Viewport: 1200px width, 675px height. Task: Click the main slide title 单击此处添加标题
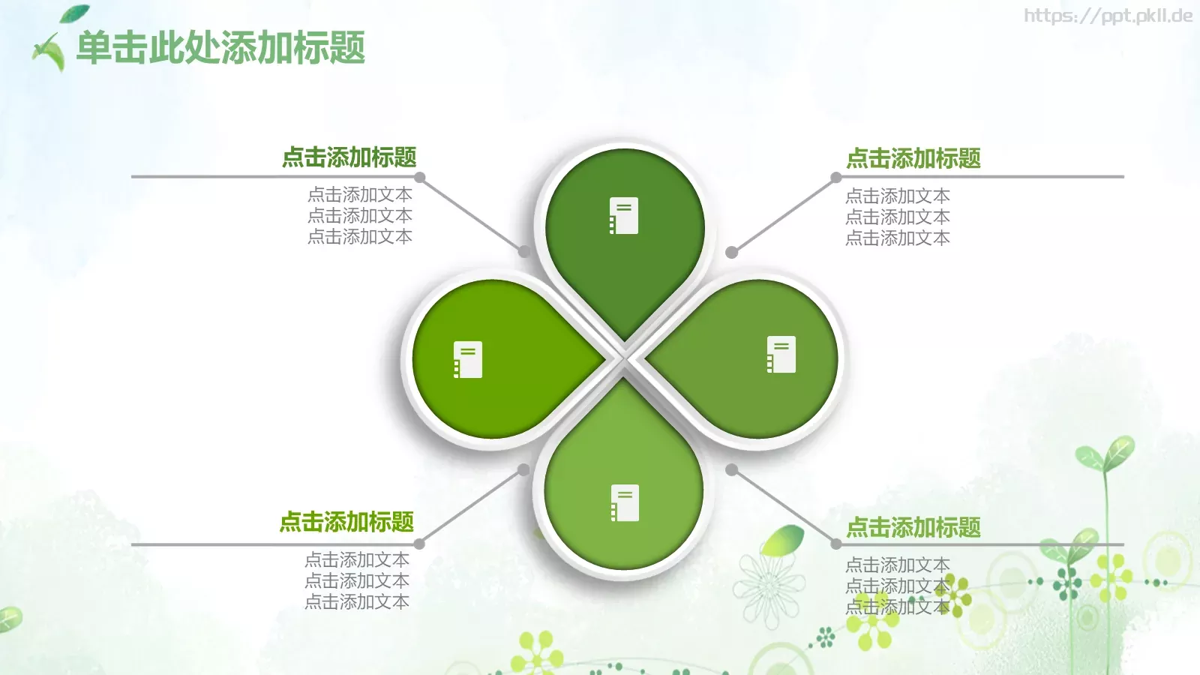[x=220, y=48]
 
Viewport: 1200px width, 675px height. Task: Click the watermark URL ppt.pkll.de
[x=1108, y=15]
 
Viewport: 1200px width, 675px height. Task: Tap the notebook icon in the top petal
[x=624, y=216]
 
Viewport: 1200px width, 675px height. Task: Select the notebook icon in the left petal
[x=468, y=359]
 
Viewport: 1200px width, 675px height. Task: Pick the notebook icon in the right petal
[x=781, y=354]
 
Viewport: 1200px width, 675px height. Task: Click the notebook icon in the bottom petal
[x=625, y=503]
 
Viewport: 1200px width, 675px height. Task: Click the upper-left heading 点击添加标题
[x=349, y=157]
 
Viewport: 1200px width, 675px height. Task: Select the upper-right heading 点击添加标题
[x=913, y=158]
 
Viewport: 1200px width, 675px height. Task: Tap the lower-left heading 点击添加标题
[x=346, y=522]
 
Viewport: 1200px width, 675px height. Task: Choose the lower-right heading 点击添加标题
[x=913, y=527]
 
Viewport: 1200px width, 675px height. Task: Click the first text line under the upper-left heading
[x=360, y=194]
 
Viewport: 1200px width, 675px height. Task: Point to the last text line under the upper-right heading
[x=898, y=238]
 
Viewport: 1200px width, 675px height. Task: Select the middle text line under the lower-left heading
[x=357, y=580]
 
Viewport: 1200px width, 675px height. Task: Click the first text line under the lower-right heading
[x=898, y=565]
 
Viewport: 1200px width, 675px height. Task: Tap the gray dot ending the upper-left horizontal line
[x=420, y=177]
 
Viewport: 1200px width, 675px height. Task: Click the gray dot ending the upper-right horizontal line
[x=836, y=177]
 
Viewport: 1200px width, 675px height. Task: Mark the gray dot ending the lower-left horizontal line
[x=419, y=544]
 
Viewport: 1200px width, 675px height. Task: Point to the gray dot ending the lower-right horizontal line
[x=836, y=544]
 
